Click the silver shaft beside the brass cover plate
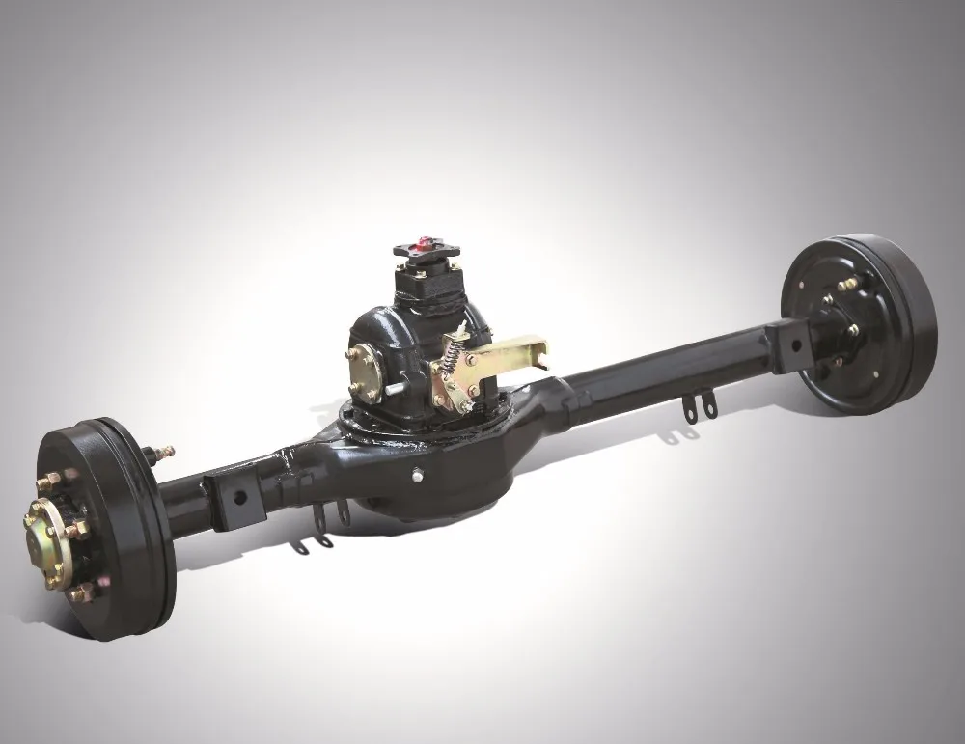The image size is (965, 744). pos(400,389)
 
